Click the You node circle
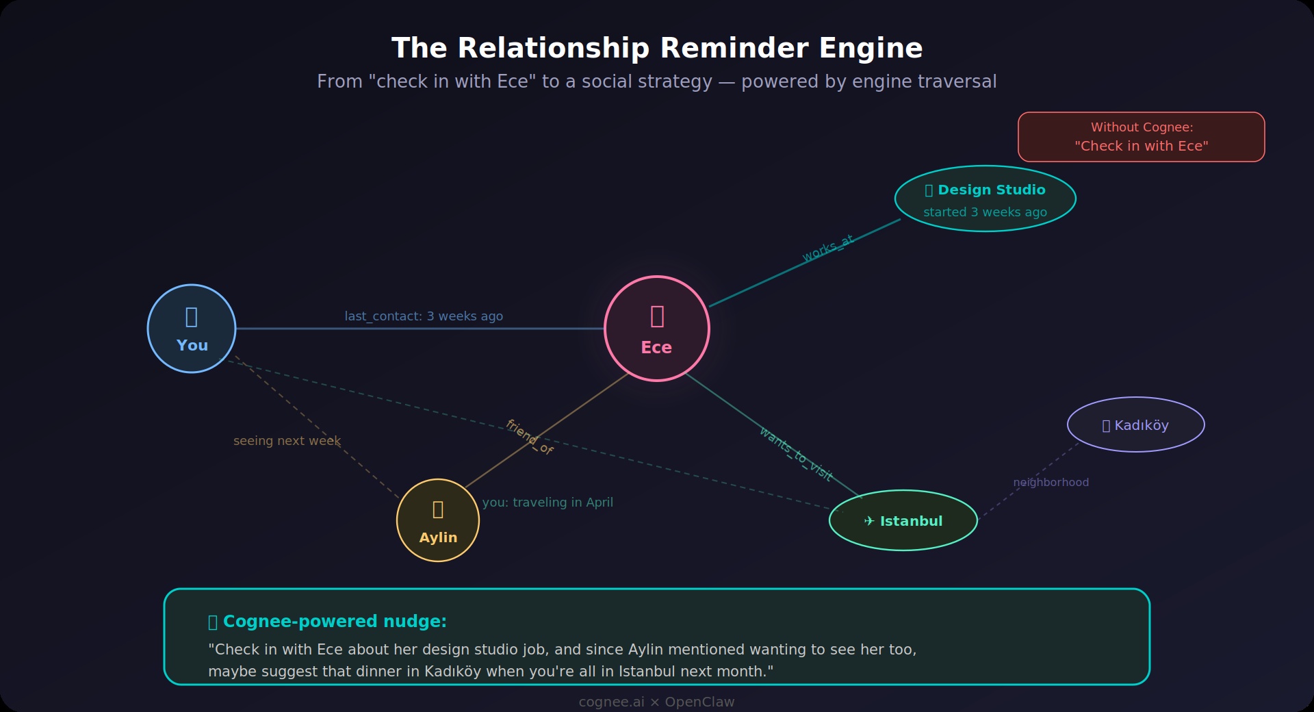click(192, 329)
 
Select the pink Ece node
click(656, 329)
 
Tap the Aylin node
click(438, 520)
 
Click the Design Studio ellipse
click(985, 199)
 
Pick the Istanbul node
click(903, 520)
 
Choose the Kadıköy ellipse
click(1135, 424)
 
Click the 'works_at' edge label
click(828, 249)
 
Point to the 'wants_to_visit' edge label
click(796, 454)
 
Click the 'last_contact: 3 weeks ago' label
click(424, 316)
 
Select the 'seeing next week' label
click(287, 441)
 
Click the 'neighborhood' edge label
click(1051, 483)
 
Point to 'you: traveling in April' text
click(547, 503)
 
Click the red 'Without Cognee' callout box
click(1141, 137)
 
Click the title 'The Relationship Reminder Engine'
click(656, 49)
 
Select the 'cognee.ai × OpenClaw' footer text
click(656, 702)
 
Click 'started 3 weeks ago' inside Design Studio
click(985, 212)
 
